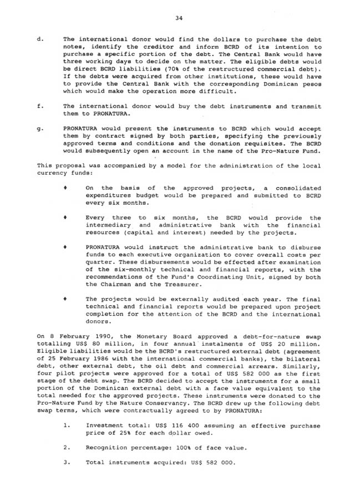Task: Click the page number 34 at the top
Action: [x=179, y=18]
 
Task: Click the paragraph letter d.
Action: [x=39, y=39]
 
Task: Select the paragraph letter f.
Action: [x=39, y=105]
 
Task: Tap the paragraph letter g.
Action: [x=39, y=128]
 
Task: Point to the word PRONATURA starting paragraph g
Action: [x=82, y=128]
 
